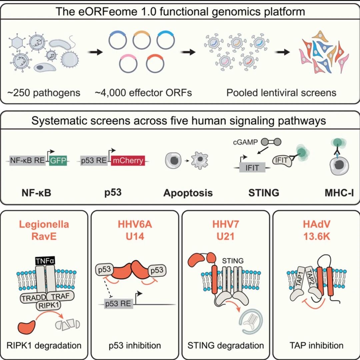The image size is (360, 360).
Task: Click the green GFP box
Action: click(58, 160)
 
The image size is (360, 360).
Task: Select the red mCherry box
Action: click(128, 160)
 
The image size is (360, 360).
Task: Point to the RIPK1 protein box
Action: click(48, 305)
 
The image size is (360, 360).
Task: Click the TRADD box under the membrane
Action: click(34, 298)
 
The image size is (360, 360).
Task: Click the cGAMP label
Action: click(245, 142)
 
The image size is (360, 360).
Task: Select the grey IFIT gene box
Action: click(252, 168)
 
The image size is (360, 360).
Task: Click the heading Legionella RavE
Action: click(44, 230)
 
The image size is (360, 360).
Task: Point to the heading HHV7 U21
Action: click(225, 230)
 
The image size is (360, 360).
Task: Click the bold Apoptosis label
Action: click(188, 193)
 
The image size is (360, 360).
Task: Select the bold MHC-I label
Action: click(339, 193)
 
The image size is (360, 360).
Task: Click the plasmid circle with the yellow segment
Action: click(142, 40)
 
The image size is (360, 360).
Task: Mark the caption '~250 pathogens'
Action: click(44, 93)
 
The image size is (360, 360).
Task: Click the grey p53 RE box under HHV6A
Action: click(118, 304)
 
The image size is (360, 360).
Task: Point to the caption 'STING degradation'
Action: click(225, 345)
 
